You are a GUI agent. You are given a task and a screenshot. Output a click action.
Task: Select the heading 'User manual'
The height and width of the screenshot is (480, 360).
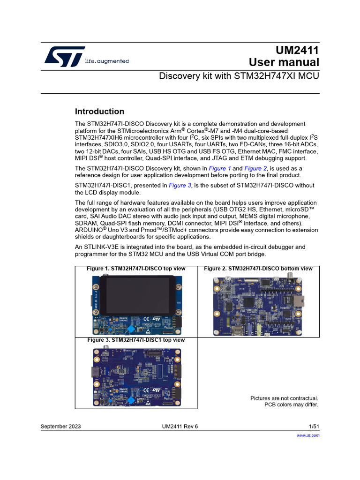point(284,63)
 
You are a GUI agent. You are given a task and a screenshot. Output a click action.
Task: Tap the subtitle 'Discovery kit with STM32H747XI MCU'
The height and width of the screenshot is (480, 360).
point(239,76)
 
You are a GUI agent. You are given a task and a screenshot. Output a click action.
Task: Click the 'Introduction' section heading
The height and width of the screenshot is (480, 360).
point(99,112)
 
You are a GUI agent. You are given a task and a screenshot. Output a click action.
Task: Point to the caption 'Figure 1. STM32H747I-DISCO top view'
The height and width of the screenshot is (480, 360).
point(136,269)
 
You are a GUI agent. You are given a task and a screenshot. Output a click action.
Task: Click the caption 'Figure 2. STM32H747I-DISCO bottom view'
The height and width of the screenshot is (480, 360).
point(258,269)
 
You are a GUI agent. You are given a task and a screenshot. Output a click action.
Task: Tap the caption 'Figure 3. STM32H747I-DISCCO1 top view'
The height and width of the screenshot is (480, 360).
point(136,340)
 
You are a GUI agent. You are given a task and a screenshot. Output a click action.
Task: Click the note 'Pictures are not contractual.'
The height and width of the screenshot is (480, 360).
point(284,398)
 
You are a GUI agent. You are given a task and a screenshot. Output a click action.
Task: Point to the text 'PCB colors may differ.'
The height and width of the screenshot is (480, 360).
point(291,405)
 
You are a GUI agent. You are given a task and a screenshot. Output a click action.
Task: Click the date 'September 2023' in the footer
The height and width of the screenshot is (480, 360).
point(60,426)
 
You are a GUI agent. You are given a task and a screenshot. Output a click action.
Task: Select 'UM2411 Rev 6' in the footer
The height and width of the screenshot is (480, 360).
point(180,426)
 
